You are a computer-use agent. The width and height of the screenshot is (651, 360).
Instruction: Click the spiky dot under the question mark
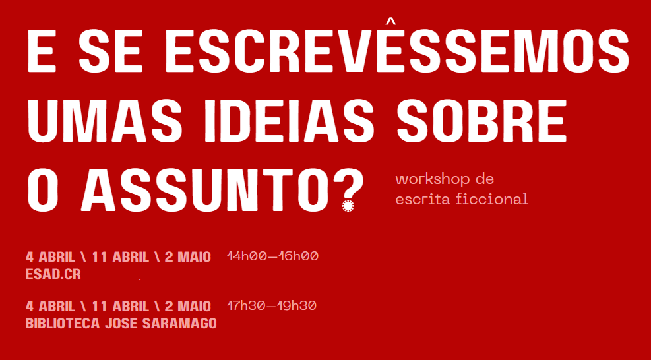(x=348, y=206)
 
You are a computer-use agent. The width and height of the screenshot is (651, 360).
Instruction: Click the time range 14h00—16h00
(x=273, y=256)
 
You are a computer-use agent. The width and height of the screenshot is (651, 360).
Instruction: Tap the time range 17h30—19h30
(x=272, y=306)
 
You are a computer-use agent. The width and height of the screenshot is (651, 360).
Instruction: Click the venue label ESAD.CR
(x=53, y=274)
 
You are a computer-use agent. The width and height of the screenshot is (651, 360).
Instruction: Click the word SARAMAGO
(x=179, y=324)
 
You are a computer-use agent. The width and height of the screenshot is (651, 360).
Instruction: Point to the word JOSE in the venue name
(x=121, y=324)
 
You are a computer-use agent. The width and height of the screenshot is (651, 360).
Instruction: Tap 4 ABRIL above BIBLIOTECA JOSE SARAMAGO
(x=50, y=307)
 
